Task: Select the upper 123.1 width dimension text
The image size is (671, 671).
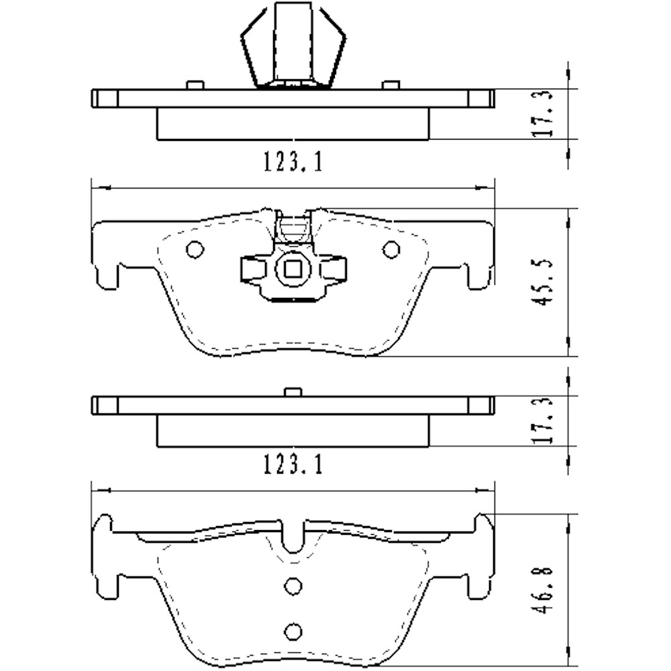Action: [293, 162]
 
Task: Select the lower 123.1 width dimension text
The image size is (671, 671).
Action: [293, 464]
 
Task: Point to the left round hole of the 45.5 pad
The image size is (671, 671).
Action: [195, 250]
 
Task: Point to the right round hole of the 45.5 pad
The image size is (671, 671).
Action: [391, 250]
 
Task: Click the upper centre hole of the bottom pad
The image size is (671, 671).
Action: [293, 586]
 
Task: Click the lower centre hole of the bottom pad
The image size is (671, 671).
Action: [293, 631]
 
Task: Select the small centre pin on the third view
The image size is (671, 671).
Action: [293, 392]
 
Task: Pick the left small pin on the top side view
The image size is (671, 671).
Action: [195, 85]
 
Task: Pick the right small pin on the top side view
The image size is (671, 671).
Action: [391, 85]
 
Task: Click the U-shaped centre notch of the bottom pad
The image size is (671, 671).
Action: [293, 537]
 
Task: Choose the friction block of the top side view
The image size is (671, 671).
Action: [293, 124]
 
